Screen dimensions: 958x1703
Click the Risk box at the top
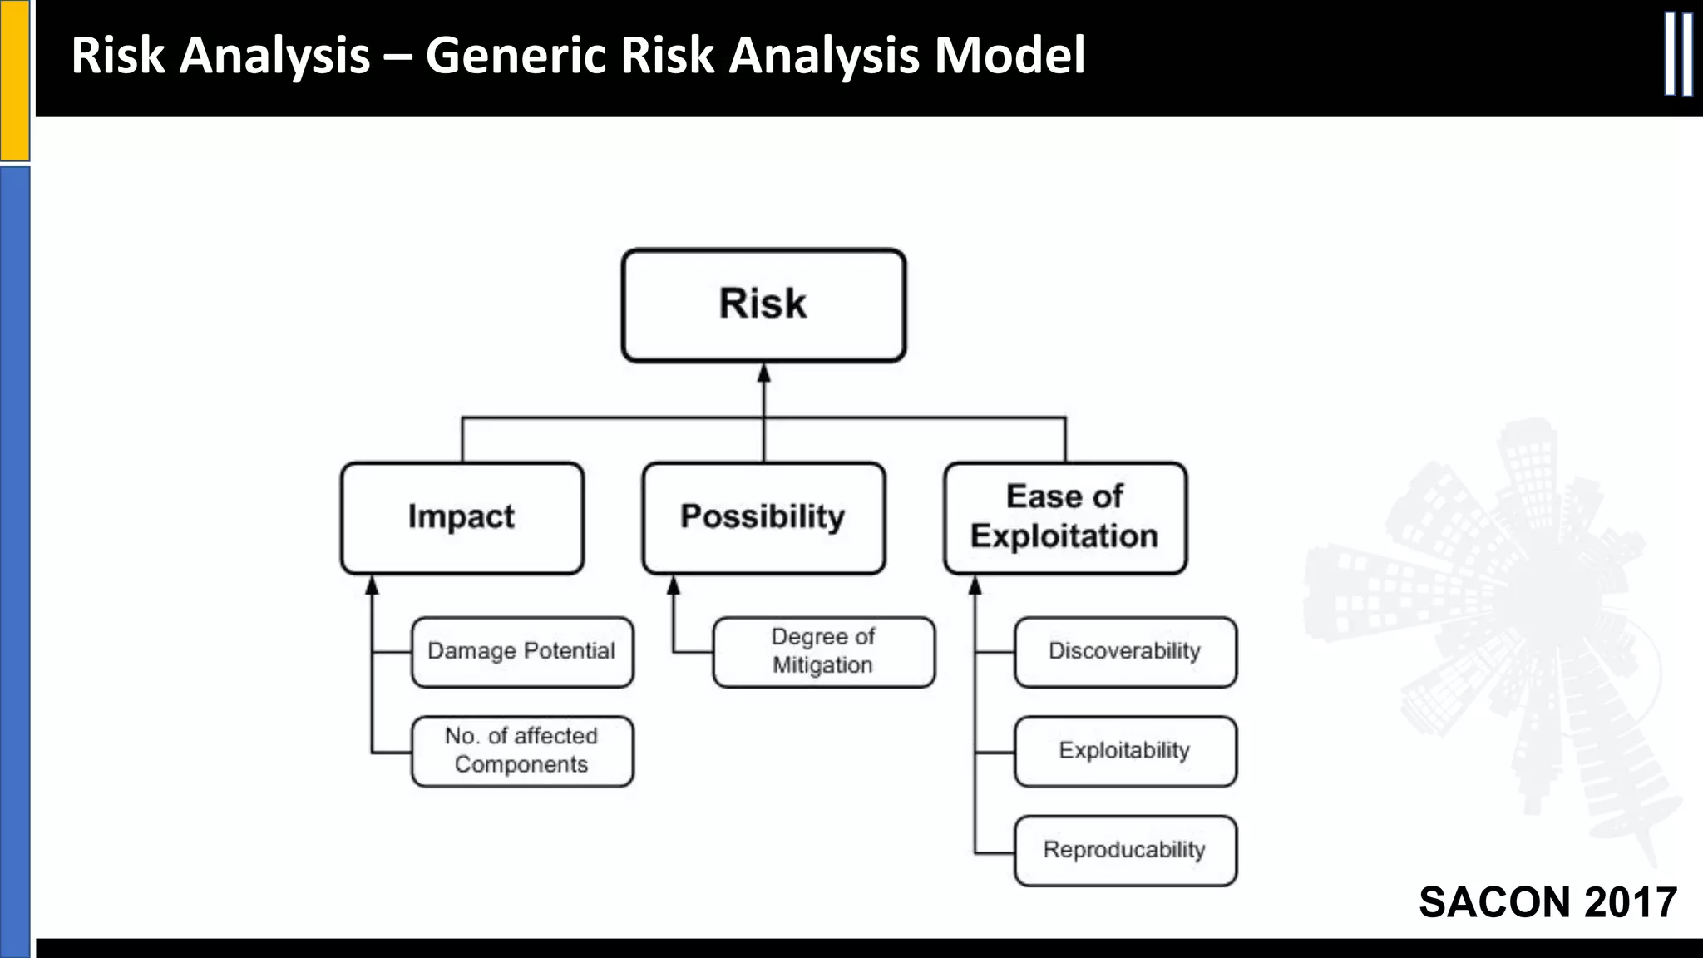pos(763,305)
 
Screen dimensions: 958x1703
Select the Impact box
pos(462,518)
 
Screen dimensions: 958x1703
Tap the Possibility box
pos(763,518)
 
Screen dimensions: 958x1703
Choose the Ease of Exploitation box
pos(1065,518)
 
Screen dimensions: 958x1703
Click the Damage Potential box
pos(522,652)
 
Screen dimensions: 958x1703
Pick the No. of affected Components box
pos(522,751)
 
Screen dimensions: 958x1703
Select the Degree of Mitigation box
pos(823,652)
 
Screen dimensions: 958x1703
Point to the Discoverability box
pos(1125,652)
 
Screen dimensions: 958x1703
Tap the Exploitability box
pos(1125,751)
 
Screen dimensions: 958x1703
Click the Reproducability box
pos(1125,851)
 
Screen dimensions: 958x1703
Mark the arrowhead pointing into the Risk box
pos(763,373)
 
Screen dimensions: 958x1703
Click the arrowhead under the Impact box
pos(372,585)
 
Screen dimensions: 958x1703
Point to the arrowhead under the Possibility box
pos(674,585)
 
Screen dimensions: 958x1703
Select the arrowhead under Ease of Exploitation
pos(975,585)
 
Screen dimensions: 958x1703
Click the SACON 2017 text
pos(1548,902)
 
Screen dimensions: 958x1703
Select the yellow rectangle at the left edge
pos(14,80)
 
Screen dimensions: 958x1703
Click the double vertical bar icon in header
pos(1678,55)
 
